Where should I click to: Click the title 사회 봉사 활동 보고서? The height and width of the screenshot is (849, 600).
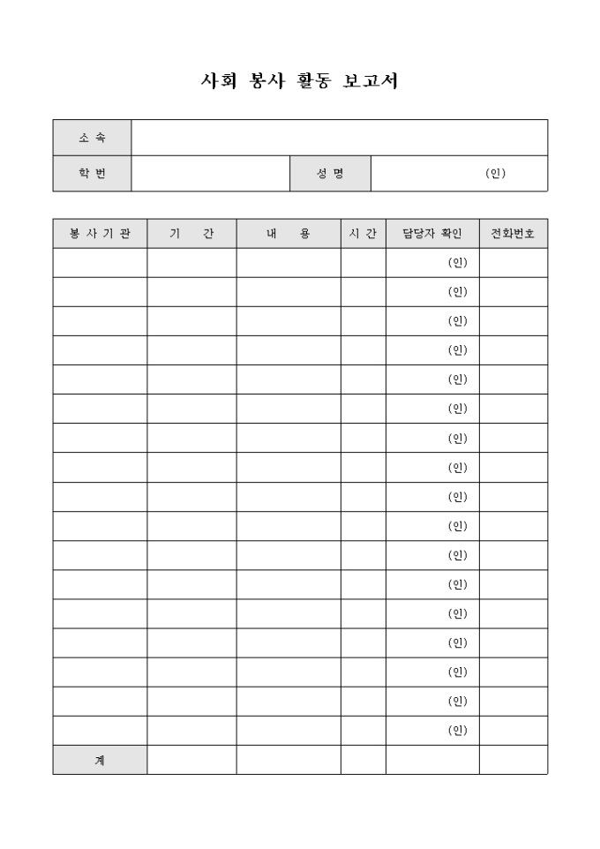point(300,81)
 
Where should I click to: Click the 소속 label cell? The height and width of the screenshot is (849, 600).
point(92,138)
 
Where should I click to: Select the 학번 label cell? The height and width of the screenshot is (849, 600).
point(92,174)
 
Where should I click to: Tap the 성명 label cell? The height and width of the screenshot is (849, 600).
point(330,174)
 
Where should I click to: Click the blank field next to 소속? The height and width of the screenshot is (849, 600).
point(339,138)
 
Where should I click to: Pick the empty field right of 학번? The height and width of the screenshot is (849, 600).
point(210,174)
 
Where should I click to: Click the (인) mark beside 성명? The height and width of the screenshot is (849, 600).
point(495,174)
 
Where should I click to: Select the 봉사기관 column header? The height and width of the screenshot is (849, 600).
point(100,234)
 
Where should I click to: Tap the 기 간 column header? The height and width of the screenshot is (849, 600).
point(191,234)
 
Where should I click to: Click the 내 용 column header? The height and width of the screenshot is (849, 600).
point(289,234)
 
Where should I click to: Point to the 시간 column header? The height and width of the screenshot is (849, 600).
point(364,234)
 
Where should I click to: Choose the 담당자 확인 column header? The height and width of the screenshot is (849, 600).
point(432,234)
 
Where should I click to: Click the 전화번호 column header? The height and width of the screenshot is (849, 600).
point(514,234)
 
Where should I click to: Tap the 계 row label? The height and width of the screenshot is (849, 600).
point(100,760)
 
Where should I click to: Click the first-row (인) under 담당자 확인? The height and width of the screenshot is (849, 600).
point(457,263)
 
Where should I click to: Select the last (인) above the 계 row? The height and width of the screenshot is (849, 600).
point(457,731)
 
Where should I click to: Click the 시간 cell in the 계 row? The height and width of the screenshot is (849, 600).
point(364,760)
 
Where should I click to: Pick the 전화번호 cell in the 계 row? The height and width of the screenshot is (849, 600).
point(514,760)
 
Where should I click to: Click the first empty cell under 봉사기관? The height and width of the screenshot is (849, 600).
point(100,263)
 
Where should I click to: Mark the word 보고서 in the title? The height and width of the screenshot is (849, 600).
point(370,81)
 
